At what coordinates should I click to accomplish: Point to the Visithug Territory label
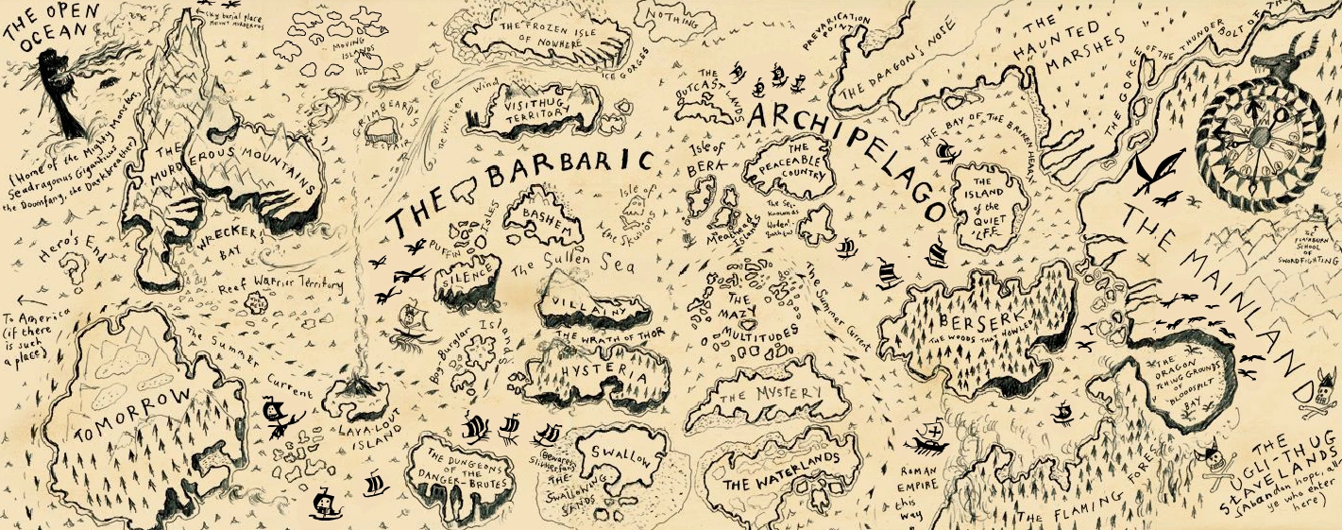pos(535,103)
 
